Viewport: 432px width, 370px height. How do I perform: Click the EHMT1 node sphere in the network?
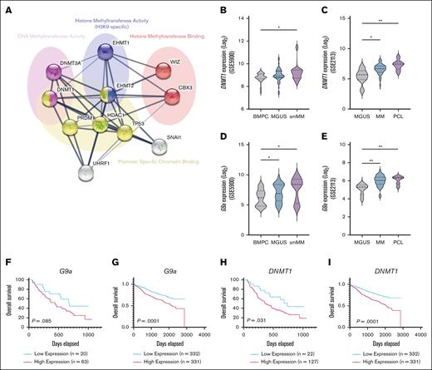pos(106,52)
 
